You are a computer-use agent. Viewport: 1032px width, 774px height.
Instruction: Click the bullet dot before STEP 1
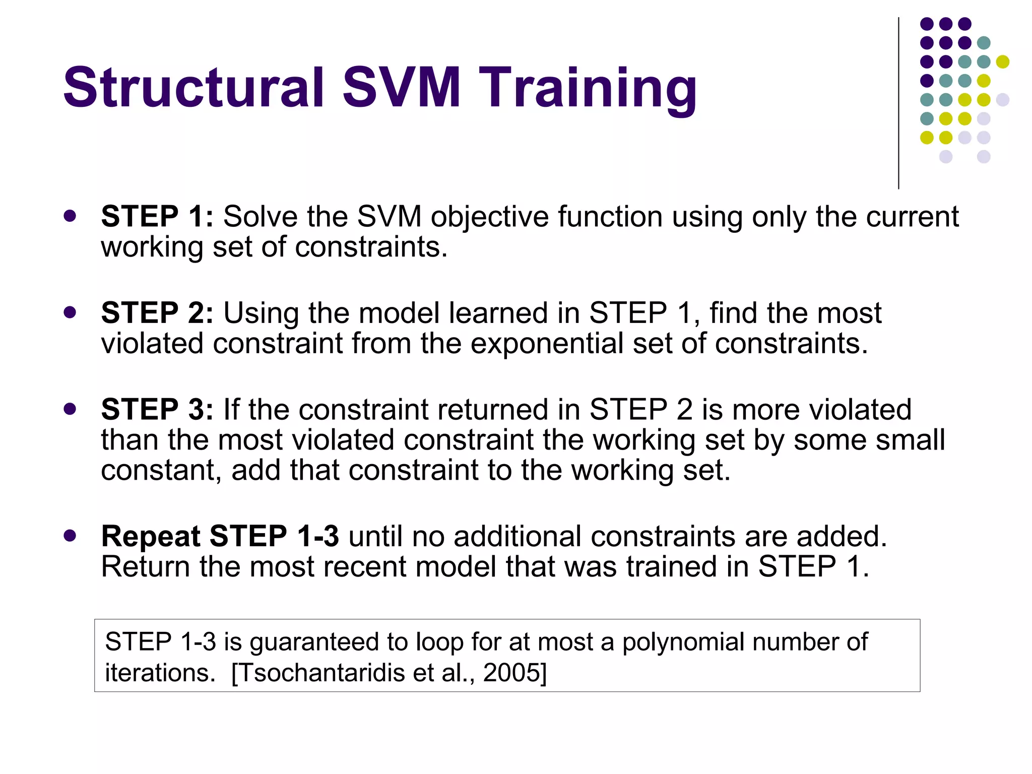(70, 216)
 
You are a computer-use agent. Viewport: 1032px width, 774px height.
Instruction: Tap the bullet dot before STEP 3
(70, 409)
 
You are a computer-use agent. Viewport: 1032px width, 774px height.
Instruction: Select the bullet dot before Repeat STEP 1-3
(70, 535)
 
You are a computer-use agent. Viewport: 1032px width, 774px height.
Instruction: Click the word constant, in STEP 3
(161, 471)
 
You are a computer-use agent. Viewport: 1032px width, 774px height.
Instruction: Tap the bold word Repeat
(151, 536)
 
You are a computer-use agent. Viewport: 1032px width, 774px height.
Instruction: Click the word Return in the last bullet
(145, 566)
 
